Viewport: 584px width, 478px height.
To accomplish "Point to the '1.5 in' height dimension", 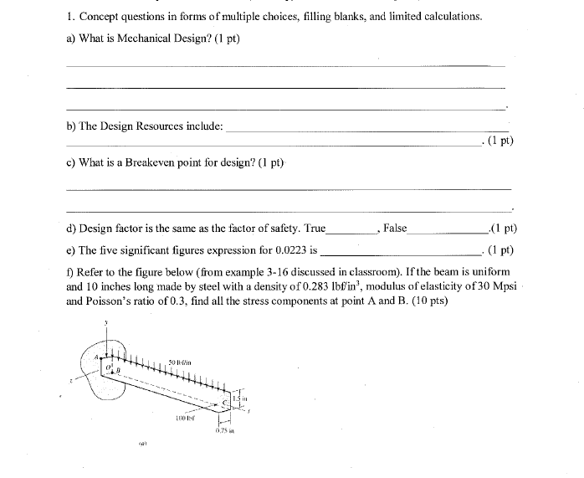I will (239, 399).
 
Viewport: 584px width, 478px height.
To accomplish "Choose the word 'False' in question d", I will (395, 228).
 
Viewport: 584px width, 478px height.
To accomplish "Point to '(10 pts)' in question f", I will (429, 301).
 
